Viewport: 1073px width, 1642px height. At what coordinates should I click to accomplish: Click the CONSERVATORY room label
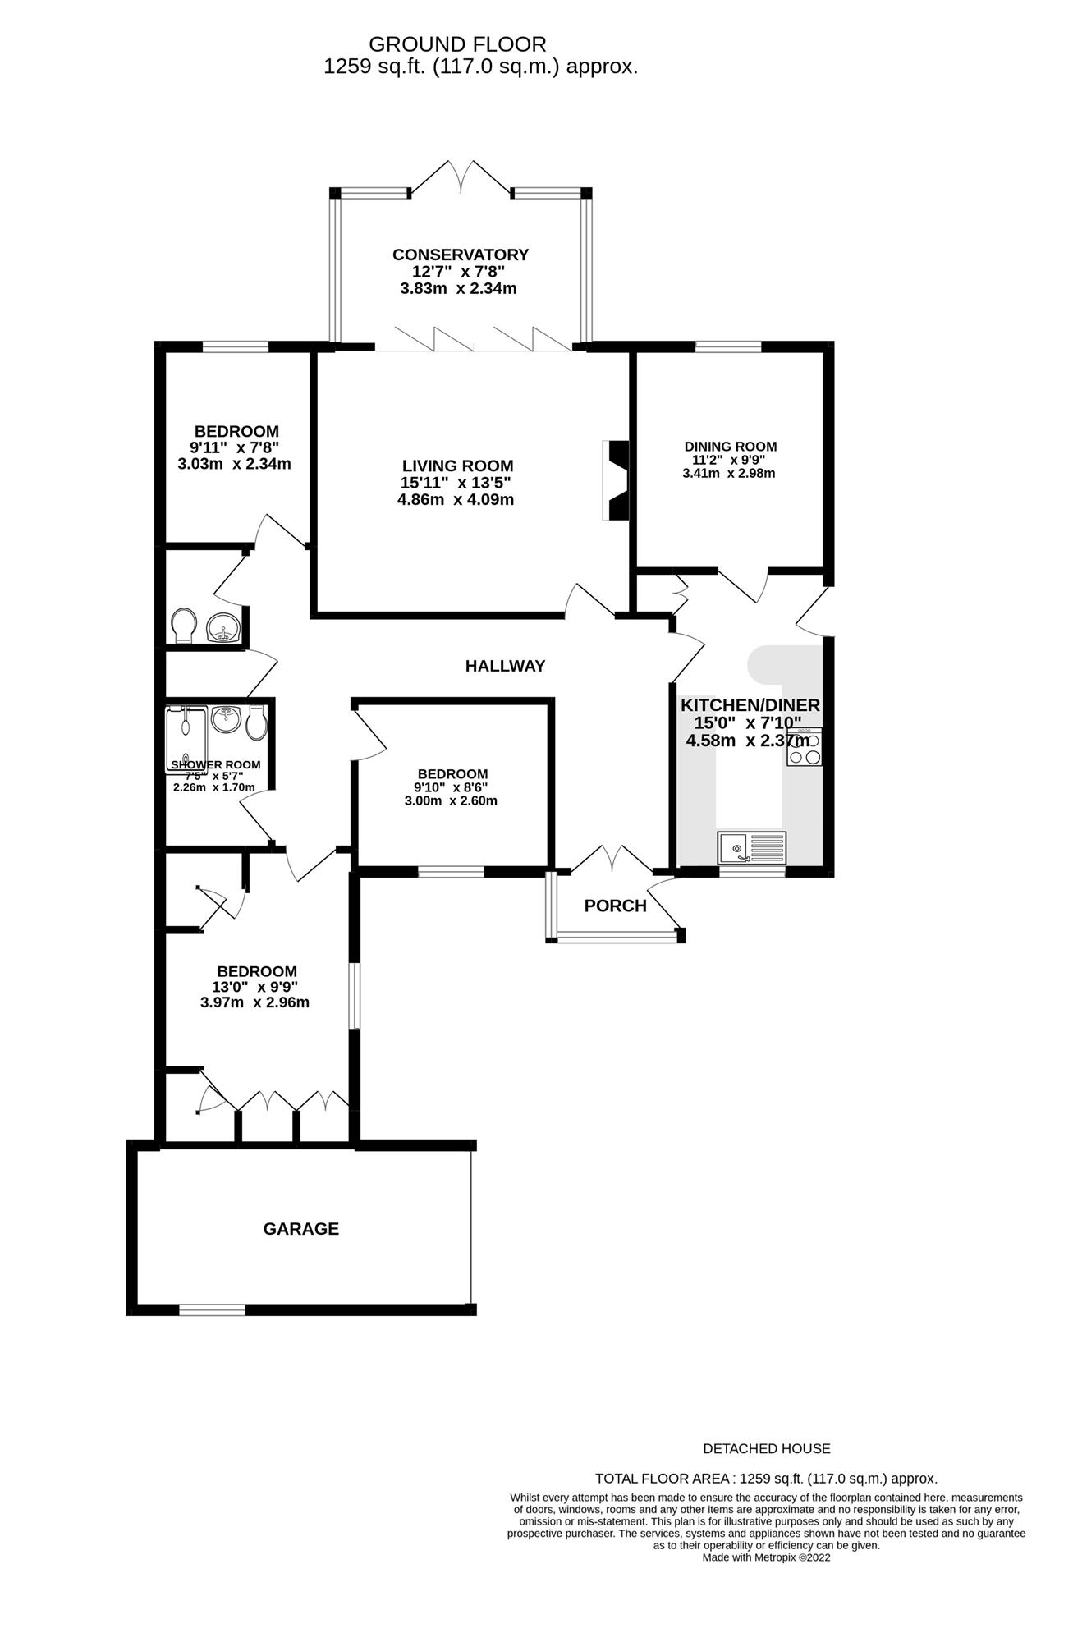(460, 255)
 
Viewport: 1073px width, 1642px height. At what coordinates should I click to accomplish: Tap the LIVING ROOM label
(457, 466)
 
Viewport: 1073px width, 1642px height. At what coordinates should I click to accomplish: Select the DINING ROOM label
(730, 447)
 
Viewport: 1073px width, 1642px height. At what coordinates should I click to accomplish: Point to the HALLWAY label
(505, 666)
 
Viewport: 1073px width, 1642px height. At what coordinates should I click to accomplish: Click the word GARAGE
(300, 1229)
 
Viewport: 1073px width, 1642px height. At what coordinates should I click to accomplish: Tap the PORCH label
(615, 906)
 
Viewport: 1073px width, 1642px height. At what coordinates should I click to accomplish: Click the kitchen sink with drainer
(751, 847)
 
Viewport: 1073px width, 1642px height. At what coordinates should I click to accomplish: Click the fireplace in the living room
(616, 480)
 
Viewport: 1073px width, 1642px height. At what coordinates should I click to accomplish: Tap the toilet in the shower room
(256, 720)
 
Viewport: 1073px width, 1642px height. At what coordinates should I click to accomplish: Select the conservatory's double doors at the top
(460, 177)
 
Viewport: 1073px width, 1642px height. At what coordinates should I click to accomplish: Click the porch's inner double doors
(612, 858)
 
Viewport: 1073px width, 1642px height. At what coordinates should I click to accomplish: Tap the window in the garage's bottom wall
(212, 1309)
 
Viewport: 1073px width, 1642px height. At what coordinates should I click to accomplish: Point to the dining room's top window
(728, 346)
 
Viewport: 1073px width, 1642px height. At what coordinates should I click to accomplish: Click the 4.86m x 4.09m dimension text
(456, 499)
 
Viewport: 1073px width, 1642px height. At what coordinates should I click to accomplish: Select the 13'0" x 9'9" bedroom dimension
(254, 987)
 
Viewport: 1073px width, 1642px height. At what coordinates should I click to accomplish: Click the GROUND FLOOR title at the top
(457, 44)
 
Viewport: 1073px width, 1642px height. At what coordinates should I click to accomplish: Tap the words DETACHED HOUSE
(767, 1449)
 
